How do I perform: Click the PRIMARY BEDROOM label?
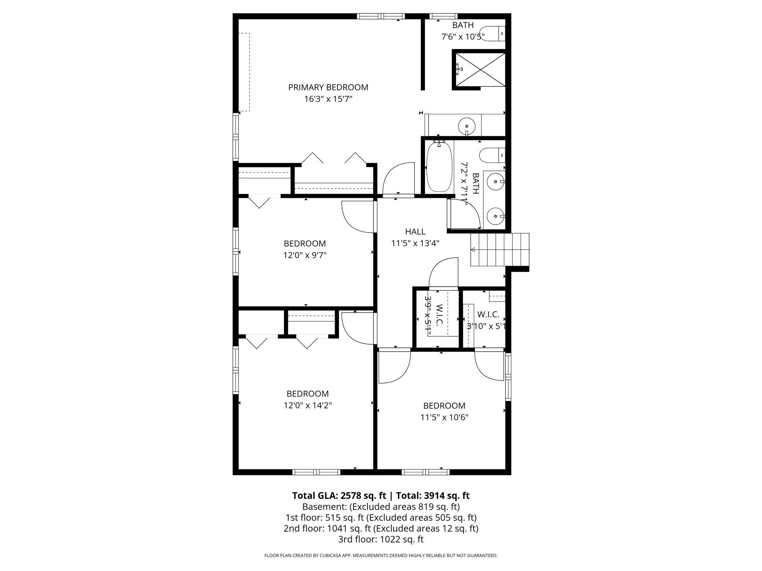328,87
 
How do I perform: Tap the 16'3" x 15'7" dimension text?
328,99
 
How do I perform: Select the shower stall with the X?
480,70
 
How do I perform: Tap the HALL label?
415,232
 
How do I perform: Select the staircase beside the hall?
500,250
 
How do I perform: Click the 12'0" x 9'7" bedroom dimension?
304,255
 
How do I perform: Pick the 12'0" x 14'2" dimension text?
307,405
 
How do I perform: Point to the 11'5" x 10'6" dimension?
444,417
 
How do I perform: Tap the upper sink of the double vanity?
495,182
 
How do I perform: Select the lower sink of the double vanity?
495,216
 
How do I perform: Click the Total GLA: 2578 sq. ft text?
339,496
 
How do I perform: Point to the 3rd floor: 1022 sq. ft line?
381,539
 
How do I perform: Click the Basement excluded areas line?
381,507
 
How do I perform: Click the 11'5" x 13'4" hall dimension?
415,243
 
